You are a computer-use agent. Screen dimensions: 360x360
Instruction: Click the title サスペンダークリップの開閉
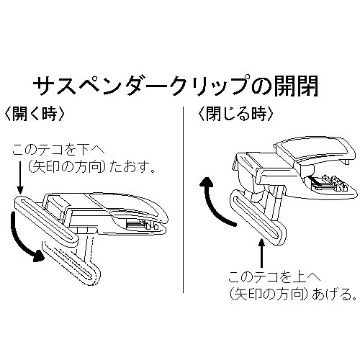176,86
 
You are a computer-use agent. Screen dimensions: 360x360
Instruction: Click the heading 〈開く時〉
35,114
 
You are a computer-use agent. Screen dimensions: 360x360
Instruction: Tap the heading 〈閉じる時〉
236,114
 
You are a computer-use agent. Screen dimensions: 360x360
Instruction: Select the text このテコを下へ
58,150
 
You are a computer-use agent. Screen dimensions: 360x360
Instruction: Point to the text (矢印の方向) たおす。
91,168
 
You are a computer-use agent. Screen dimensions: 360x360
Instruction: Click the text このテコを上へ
274,277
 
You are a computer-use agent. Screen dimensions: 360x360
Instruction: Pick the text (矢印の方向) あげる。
293,294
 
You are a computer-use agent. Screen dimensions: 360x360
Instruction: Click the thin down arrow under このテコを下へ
20,177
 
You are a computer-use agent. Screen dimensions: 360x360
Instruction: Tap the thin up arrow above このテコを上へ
261,253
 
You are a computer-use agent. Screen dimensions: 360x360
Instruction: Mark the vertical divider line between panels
183,199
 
